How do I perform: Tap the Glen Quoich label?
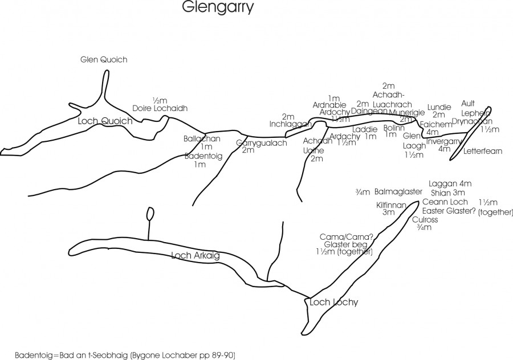point(104,60)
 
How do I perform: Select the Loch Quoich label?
point(105,121)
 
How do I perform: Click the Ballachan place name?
point(202,138)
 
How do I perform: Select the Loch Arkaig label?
point(196,256)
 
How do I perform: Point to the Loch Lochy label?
point(334,302)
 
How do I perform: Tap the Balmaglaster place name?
point(398,192)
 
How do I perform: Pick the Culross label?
point(424,219)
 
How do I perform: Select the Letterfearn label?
point(481,152)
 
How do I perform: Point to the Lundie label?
point(439,107)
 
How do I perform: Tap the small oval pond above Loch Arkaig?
point(150,214)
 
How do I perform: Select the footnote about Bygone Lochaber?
point(124,354)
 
